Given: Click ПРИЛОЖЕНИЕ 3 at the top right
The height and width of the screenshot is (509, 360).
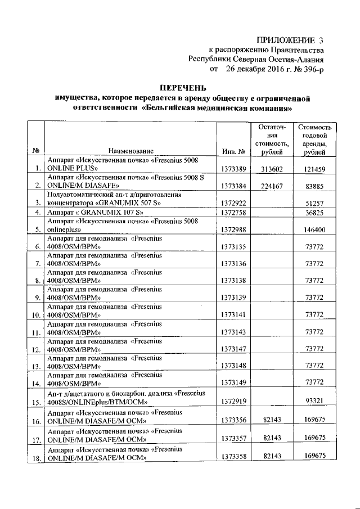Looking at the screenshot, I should click(x=290, y=39).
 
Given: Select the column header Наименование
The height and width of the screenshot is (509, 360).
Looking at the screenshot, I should click(x=131, y=151).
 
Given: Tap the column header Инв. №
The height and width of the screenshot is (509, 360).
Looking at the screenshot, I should click(x=232, y=151).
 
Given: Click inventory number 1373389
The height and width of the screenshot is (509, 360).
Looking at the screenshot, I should click(x=233, y=169).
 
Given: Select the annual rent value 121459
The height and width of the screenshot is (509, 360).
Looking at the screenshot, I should click(x=314, y=169).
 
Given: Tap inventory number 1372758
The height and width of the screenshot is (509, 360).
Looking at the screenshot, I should click(x=233, y=213).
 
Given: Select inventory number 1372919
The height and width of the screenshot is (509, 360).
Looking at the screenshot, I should click(x=233, y=402).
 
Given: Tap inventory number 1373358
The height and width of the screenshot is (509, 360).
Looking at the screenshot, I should click(x=233, y=457).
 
